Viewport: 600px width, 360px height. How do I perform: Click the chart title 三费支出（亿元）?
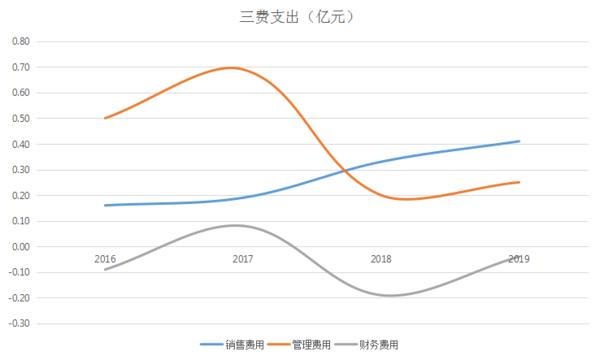pyautogui.click(x=301, y=17)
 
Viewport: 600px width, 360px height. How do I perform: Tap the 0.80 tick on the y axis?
pyautogui.click(x=20, y=42)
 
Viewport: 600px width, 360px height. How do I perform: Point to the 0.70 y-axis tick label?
pyautogui.click(x=20, y=67)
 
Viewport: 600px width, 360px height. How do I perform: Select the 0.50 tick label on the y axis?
pyautogui.click(x=20, y=118)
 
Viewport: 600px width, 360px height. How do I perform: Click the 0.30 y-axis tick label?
pyautogui.click(x=20, y=169)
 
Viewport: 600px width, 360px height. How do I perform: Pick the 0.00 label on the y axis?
pyautogui.click(x=20, y=246)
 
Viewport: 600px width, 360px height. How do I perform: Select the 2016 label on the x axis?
pyautogui.click(x=104, y=259)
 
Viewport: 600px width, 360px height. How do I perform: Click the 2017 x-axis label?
pyautogui.click(x=242, y=259)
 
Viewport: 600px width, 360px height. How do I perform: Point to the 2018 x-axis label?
pyautogui.click(x=381, y=259)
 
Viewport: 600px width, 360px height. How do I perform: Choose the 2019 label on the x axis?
pyautogui.click(x=518, y=259)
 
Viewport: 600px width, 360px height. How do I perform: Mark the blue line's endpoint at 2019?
pyautogui.click(x=519, y=141)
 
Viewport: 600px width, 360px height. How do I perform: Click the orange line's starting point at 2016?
pyautogui.click(x=104, y=118)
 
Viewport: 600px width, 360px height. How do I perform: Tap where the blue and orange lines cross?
pyautogui.click(x=343, y=170)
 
